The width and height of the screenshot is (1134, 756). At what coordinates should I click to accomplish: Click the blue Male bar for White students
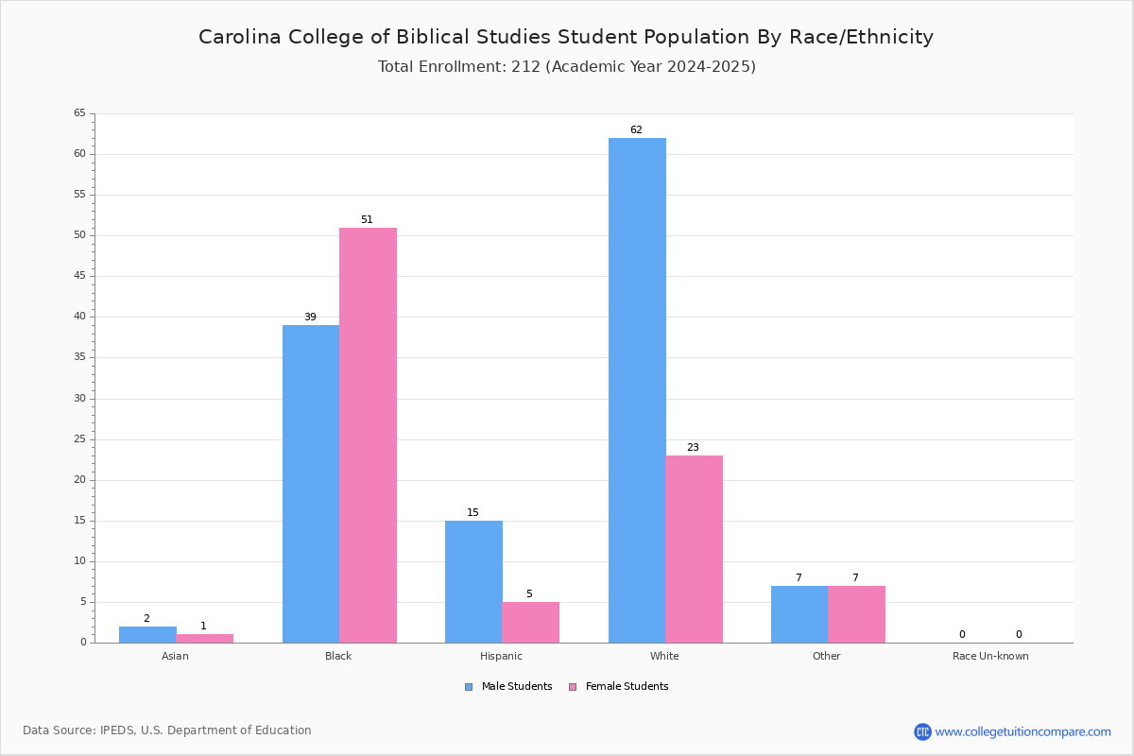click(637, 390)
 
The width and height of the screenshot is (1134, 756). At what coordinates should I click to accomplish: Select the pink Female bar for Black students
click(368, 436)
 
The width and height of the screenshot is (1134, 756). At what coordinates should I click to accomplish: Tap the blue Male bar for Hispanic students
click(473, 582)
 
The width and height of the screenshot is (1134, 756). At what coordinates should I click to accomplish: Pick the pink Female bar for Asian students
click(204, 639)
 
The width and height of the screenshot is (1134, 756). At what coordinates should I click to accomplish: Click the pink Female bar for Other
click(856, 614)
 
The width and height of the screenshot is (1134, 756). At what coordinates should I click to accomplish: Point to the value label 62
click(636, 129)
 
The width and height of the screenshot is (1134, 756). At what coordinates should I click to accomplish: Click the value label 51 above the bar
click(367, 219)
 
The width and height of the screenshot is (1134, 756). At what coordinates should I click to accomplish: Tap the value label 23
click(693, 447)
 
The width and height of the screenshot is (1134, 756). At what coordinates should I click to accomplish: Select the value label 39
click(310, 317)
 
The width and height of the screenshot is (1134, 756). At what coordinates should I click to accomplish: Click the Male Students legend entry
click(508, 687)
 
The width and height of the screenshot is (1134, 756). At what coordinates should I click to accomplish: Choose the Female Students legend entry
click(619, 687)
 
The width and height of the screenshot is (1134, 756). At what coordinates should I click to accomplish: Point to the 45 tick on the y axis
click(80, 275)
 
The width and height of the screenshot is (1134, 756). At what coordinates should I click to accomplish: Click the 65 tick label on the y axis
click(80, 112)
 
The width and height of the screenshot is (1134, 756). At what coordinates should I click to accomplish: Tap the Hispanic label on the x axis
click(501, 656)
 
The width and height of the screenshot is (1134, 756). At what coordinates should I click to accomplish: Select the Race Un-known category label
click(990, 656)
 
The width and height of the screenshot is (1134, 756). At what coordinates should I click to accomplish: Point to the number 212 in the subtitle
click(525, 66)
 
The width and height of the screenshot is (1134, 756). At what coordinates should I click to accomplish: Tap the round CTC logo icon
click(922, 731)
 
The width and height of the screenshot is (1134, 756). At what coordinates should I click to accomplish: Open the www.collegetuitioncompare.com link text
click(1023, 731)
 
